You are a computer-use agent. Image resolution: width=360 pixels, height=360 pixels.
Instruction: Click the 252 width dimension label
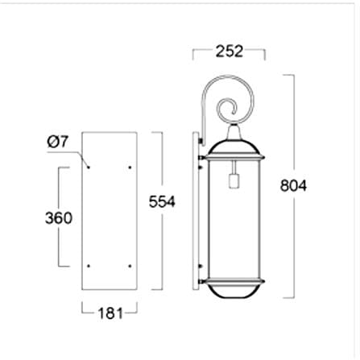(x=230, y=52)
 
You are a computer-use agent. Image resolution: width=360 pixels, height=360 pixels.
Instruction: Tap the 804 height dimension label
(x=293, y=185)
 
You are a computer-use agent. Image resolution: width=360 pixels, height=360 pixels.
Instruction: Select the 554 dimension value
(x=162, y=201)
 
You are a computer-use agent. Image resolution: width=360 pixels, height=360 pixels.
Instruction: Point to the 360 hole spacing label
(x=59, y=217)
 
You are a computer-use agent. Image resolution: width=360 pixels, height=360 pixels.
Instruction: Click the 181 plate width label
(x=110, y=313)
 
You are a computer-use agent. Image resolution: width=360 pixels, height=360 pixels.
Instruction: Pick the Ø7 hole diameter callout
(x=58, y=142)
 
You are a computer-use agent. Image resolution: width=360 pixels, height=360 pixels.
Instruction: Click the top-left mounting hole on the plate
(x=89, y=168)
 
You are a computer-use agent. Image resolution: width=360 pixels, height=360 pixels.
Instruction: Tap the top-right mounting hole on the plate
(x=130, y=168)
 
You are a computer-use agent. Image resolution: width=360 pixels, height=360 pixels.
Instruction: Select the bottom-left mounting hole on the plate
(x=89, y=266)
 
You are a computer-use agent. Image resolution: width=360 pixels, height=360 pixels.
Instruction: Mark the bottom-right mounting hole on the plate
(x=130, y=266)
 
